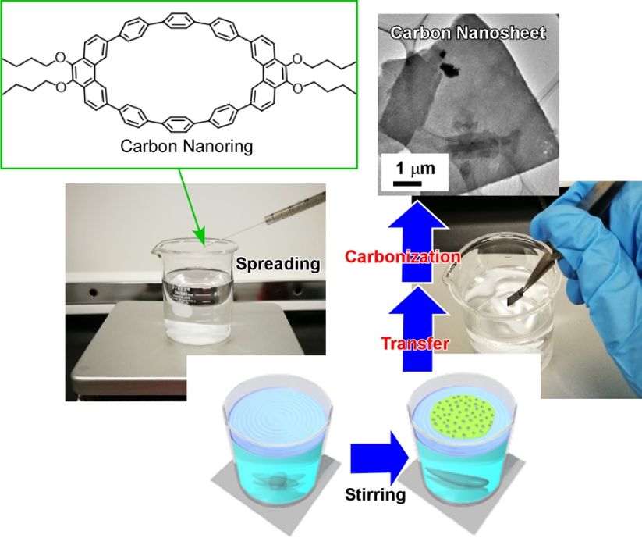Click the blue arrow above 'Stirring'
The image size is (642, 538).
[x=378, y=458]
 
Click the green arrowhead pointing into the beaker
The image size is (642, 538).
[x=201, y=236]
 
